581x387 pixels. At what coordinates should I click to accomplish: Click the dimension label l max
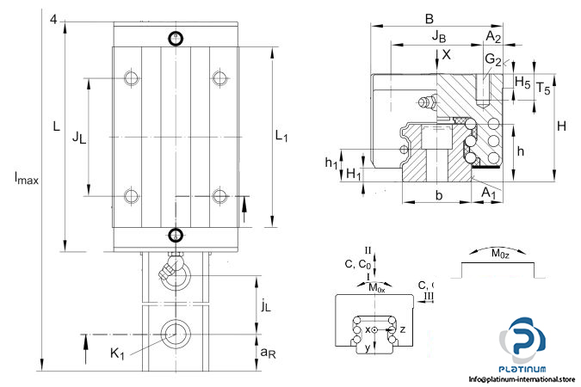26,179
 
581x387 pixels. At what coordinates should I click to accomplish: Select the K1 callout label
120,351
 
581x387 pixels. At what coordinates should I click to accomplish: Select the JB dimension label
438,35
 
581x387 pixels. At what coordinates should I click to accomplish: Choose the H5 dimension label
522,81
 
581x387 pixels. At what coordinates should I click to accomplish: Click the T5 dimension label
543,87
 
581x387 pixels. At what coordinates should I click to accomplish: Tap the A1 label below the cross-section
489,193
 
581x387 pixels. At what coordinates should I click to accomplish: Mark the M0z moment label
499,253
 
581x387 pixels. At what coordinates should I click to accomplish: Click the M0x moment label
376,287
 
